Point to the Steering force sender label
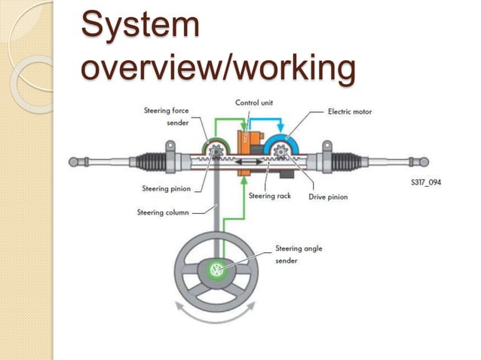166,116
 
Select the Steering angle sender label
299,254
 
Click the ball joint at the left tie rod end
73,161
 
